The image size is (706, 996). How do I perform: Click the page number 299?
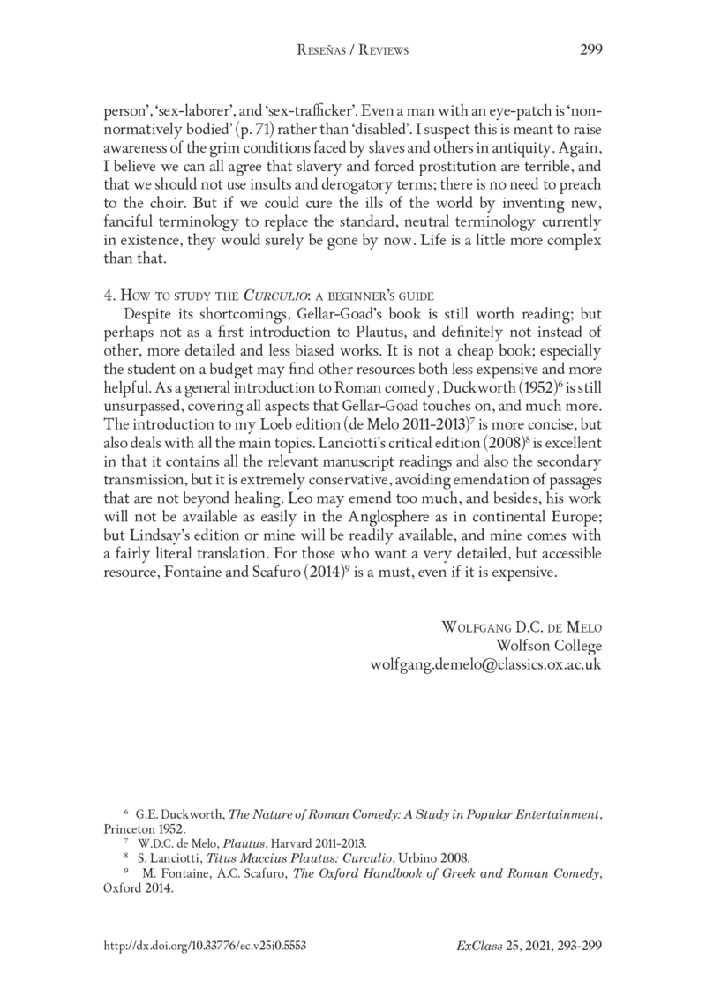point(590,50)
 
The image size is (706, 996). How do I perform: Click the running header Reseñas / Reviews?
point(352,51)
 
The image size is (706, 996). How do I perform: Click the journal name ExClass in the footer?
point(474,945)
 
